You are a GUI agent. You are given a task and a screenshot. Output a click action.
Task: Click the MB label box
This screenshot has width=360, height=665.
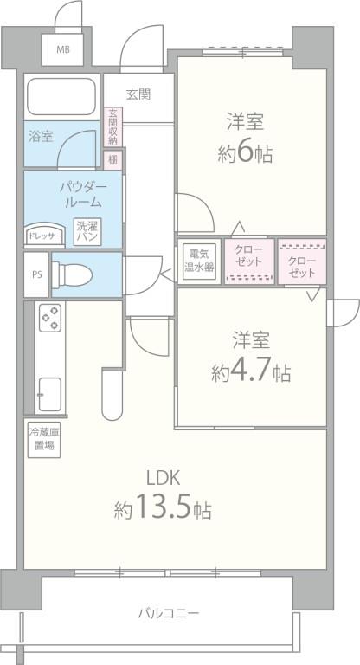point(63,48)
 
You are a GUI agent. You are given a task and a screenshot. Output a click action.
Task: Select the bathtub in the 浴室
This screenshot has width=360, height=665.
point(60,98)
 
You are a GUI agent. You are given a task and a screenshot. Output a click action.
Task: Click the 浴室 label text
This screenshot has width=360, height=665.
point(41,136)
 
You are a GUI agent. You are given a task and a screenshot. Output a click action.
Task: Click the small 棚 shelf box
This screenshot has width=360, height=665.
point(112,160)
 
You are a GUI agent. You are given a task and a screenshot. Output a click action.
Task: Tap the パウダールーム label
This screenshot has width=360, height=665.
point(83,194)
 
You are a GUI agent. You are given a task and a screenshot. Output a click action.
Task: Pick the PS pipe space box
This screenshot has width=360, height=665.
point(36,274)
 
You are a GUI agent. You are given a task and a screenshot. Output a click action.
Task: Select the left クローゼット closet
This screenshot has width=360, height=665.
point(250,261)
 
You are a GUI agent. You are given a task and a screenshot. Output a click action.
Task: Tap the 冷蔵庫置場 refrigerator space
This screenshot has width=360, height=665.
point(42,440)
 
